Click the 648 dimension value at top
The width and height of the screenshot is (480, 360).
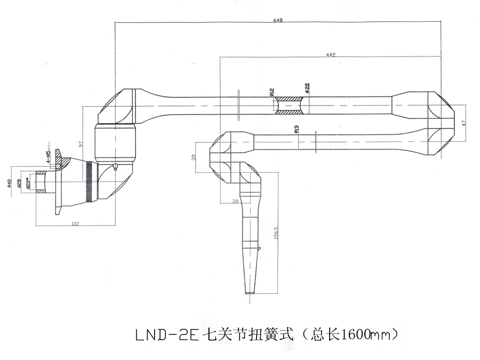[278, 20]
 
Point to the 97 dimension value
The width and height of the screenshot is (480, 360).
[80, 143]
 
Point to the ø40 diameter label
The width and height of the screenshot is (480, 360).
[10, 184]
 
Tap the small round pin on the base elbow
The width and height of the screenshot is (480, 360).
[116, 166]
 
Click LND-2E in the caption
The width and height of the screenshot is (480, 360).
[165, 335]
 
